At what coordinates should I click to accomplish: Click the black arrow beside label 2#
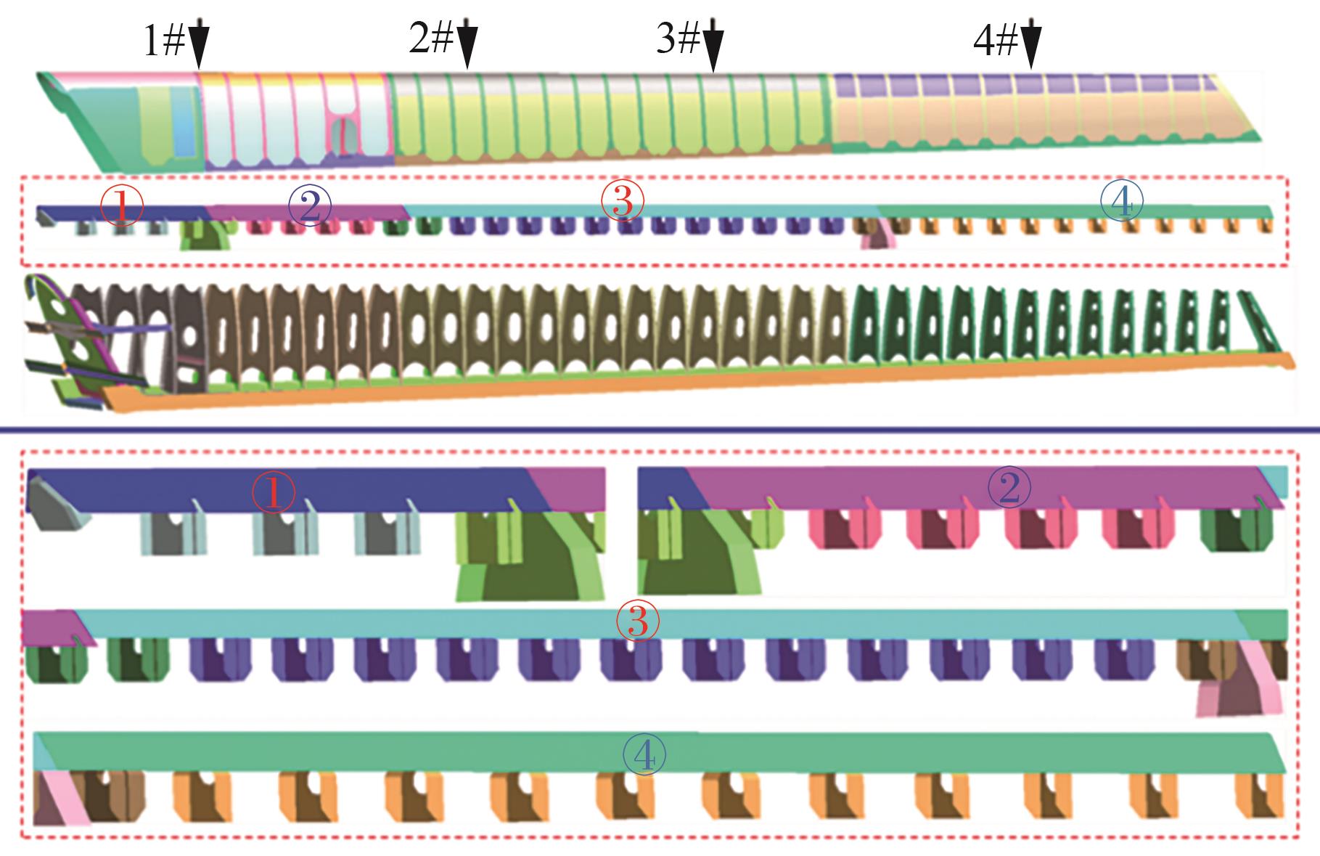click(467, 44)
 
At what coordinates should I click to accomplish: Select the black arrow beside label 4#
click(1031, 45)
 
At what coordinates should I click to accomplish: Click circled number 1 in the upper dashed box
click(122, 206)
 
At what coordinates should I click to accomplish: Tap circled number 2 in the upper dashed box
click(309, 206)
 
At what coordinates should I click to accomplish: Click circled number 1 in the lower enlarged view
click(274, 494)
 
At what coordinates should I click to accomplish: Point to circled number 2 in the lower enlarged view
click(1009, 489)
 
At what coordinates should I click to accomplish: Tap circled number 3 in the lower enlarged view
click(637, 622)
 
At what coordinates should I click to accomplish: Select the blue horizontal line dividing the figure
click(660, 432)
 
